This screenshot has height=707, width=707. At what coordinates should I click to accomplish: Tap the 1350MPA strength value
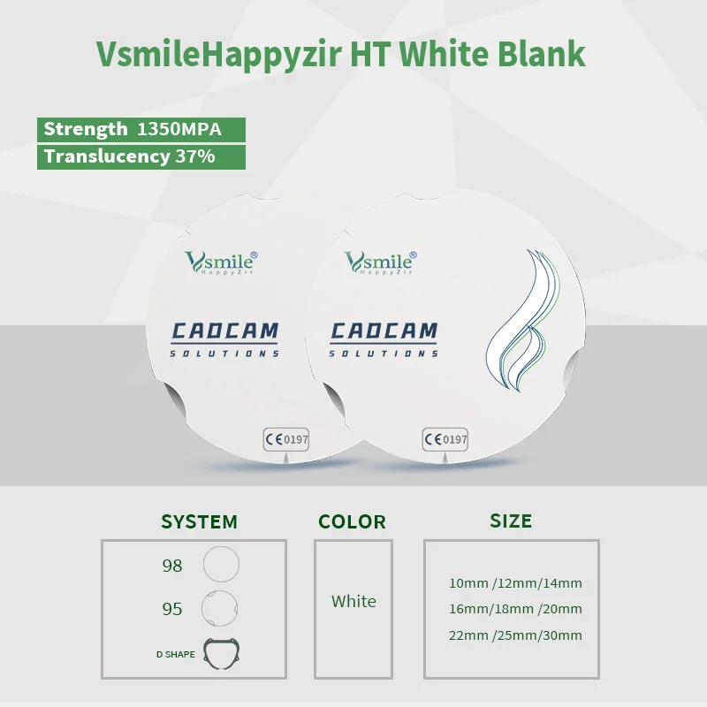click(x=179, y=129)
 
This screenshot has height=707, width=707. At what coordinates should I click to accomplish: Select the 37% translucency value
click(x=194, y=156)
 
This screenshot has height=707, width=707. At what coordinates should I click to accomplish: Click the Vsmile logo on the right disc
click(x=381, y=262)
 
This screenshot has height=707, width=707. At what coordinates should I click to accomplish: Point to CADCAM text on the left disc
click(x=224, y=331)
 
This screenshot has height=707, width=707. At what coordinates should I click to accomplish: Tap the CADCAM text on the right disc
click(x=384, y=331)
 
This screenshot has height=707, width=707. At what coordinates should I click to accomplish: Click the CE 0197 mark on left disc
click(x=286, y=439)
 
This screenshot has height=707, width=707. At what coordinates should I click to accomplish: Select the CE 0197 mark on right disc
click(x=445, y=439)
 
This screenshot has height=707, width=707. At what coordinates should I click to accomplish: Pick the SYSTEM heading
click(x=200, y=521)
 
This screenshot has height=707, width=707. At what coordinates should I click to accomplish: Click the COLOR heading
click(x=352, y=521)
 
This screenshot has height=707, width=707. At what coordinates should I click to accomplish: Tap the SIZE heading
click(x=511, y=521)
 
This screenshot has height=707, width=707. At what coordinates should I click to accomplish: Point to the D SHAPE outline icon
click(x=205, y=652)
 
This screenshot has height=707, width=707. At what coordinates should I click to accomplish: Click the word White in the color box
click(x=353, y=601)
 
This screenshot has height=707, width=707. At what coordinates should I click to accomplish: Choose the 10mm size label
click(x=469, y=583)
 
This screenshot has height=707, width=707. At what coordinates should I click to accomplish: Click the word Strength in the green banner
click(x=86, y=129)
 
